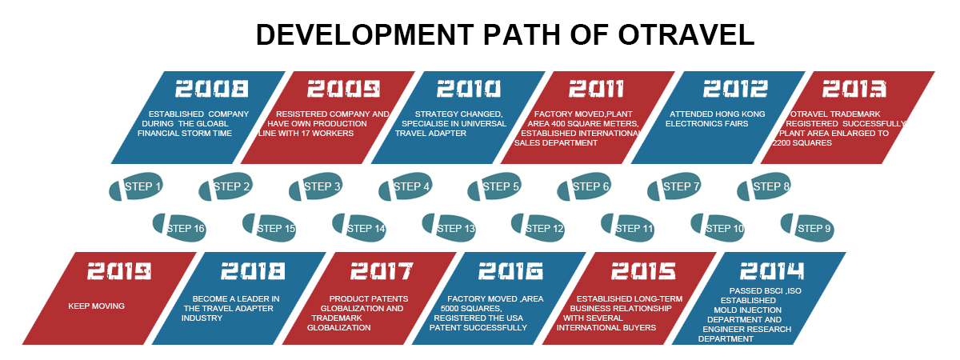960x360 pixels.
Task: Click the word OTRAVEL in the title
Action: pyautogui.click(x=686, y=34)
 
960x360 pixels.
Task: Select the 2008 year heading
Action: pyautogui.click(x=212, y=89)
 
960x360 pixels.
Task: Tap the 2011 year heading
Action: pyautogui.click(x=596, y=89)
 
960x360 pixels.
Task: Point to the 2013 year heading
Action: pyautogui.click(x=854, y=89)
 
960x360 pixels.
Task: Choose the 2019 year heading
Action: pyautogui.click(x=119, y=271)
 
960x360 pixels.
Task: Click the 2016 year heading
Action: pyautogui.click(x=510, y=271)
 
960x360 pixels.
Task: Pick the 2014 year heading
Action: pyautogui.click(x=772, y=271)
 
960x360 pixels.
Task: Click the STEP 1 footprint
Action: pyautogui.click(x=136, y=186)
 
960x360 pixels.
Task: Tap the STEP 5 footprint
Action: pyautogui.click(x=494, y=186)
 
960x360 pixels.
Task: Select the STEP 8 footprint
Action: pyautogui.click(x=764, y=186)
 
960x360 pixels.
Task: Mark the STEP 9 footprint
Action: pyautogui.click(x=807, y=227)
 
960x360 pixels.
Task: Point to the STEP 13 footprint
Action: pyautogui.click(x=449, y=227)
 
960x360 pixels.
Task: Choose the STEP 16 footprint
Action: pyautogui.click(x=179, y=227)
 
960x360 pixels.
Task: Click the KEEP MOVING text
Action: pyautogui.click(x=97, y=306)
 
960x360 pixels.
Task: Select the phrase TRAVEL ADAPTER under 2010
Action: pyautogui.click(x=430, y=134)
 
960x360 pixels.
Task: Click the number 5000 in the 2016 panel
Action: pyautogui.click(x=450, y=309)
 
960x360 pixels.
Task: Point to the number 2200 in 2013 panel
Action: pyautogui.click(x=782, y=143)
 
